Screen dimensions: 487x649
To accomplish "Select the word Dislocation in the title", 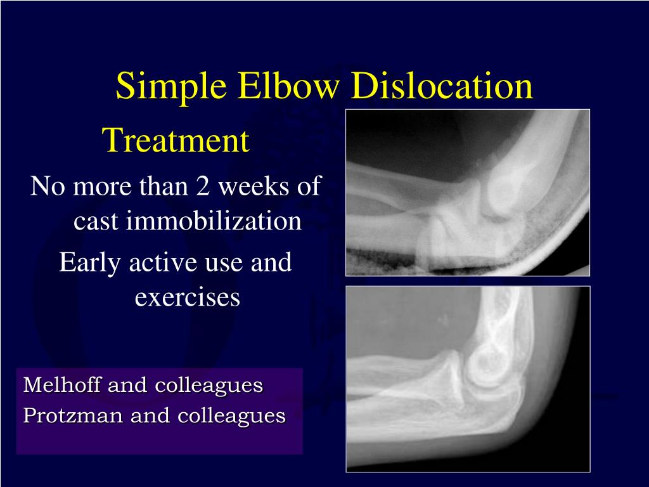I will tap(442, 86).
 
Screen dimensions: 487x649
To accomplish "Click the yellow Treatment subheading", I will tap(176, 141).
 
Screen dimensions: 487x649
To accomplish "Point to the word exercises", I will tap(187, 296).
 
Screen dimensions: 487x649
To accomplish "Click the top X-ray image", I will tap(467, 192).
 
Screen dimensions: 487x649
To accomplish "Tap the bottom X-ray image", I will tap(467, 379).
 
